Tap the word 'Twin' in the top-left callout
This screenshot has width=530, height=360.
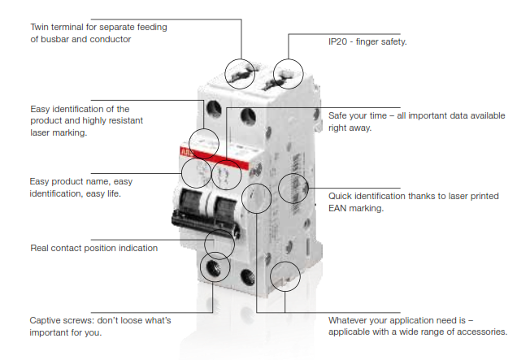(40, 27)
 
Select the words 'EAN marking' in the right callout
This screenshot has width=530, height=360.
(355, 208)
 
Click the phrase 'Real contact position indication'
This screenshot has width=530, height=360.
(93, 248)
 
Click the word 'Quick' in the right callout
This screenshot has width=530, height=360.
(342, 196)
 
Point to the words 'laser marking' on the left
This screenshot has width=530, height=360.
(58, 132)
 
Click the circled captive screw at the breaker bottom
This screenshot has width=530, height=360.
(215, 267)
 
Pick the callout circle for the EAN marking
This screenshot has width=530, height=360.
(293, 189)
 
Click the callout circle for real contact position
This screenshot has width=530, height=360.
(219, 241)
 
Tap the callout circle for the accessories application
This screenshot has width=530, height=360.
(285, 276)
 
